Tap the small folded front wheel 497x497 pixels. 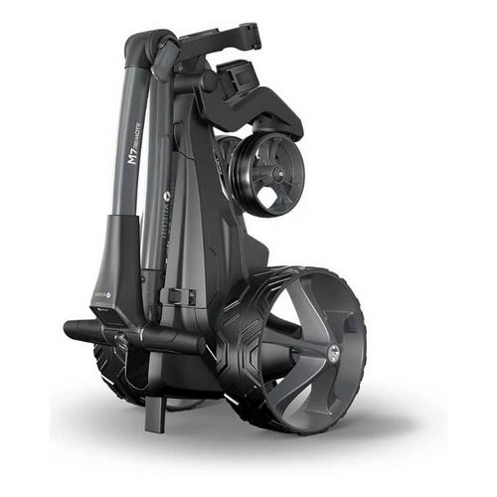click(265, 176)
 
